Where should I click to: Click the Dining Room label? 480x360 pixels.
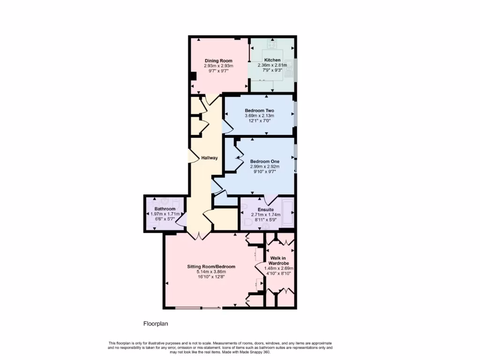[218, 60]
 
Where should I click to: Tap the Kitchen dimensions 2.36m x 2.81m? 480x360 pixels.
[272, 66]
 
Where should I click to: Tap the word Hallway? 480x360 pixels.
[210, 158]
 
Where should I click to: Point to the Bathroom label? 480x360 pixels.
[165, 209]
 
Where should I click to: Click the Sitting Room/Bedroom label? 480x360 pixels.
[211, 266]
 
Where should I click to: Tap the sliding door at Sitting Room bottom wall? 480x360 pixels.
[197, 308]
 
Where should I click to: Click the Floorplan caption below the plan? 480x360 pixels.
[155, 323]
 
